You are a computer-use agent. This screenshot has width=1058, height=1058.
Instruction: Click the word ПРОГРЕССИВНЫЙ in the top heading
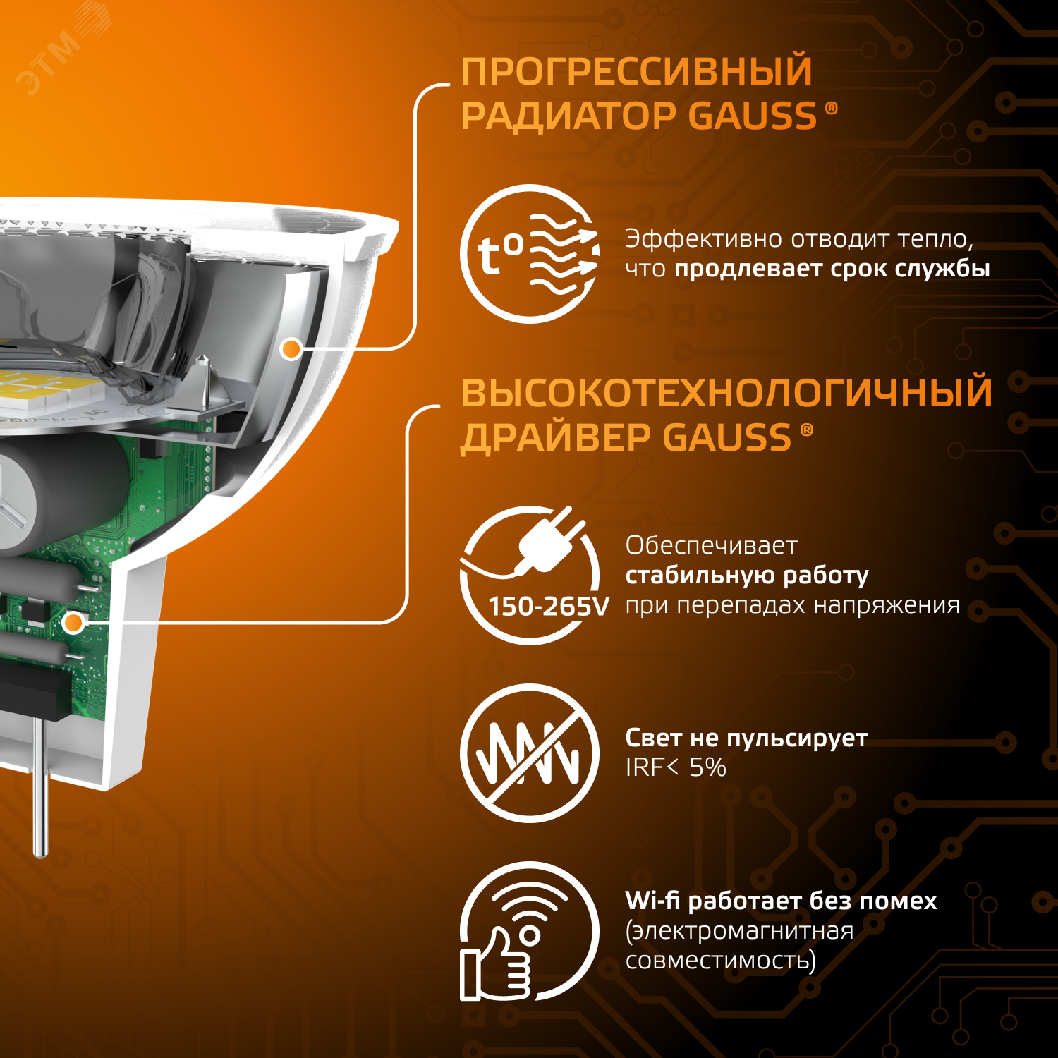pyautogui.click(x=636, y=72)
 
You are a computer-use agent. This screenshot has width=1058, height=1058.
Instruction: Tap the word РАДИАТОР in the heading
pyautogui.click(x=568, y=116)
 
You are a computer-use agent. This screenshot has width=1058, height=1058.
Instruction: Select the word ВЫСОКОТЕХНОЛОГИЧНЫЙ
pyautogui.click(x=726, y=394)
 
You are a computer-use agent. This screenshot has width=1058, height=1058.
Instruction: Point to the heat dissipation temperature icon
pyautogui.click(x=530, y=254)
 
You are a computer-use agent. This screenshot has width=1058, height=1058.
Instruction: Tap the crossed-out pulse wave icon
pyautogui.click(x=530, y=753)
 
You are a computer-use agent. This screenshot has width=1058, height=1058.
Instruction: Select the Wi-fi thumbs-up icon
pyautogui.click(x=530, y=931)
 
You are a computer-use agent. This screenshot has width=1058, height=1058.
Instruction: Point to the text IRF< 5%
pyautogui.click(x=676, y=767)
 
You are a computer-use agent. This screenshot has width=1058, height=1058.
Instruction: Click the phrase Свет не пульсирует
pyautogui.click(x=746, y=738)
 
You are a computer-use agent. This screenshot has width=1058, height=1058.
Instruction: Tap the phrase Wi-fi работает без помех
pyautogui.click(x=781, y=901)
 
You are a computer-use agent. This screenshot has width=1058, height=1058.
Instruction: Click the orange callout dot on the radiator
pyautogui.click(x=291, y=348)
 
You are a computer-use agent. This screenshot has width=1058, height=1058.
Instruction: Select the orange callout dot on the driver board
pyautogui.click(x=73, y=623)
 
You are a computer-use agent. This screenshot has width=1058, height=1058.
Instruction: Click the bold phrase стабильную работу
pyautogui.click(x=747, y=576)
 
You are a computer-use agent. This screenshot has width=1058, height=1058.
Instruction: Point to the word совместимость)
pyautogui.click(x=720, y=961)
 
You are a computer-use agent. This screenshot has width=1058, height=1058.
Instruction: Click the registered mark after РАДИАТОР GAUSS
pyautogui.click(x=832, y=108)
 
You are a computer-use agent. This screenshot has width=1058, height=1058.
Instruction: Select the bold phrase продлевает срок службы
pyautogui.click(x=832, y=269)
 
